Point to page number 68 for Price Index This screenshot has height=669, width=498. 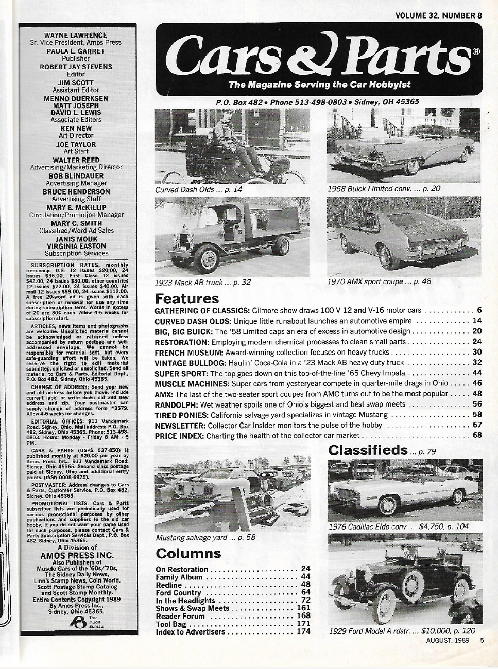point(477,435)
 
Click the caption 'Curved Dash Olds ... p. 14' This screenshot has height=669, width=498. point(198,189)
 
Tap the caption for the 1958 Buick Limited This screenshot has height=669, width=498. point(384,189)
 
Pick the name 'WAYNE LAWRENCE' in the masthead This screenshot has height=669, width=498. point(76,35)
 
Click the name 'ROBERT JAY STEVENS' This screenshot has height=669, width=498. point(76,67)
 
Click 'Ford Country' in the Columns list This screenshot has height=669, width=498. point(178,593)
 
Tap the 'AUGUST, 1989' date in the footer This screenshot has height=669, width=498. point(447,640)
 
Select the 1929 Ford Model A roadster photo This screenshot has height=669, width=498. point(405,579)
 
